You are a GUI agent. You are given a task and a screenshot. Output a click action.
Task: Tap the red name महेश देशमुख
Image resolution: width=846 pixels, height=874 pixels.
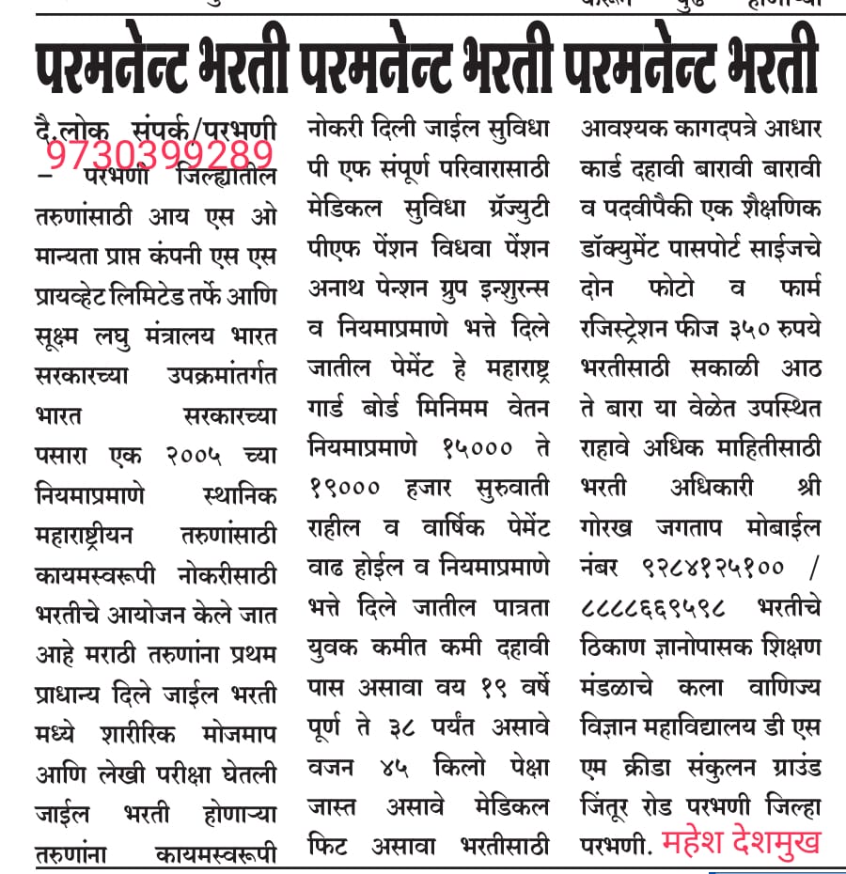click(741, 841)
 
